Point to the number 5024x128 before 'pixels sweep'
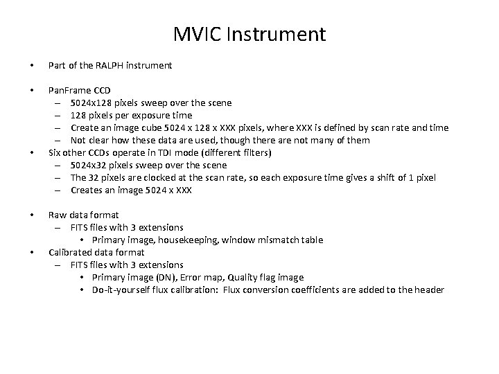[94, 103]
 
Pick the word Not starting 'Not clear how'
[78, 141]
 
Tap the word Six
[54, 153]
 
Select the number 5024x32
[91, 166]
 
